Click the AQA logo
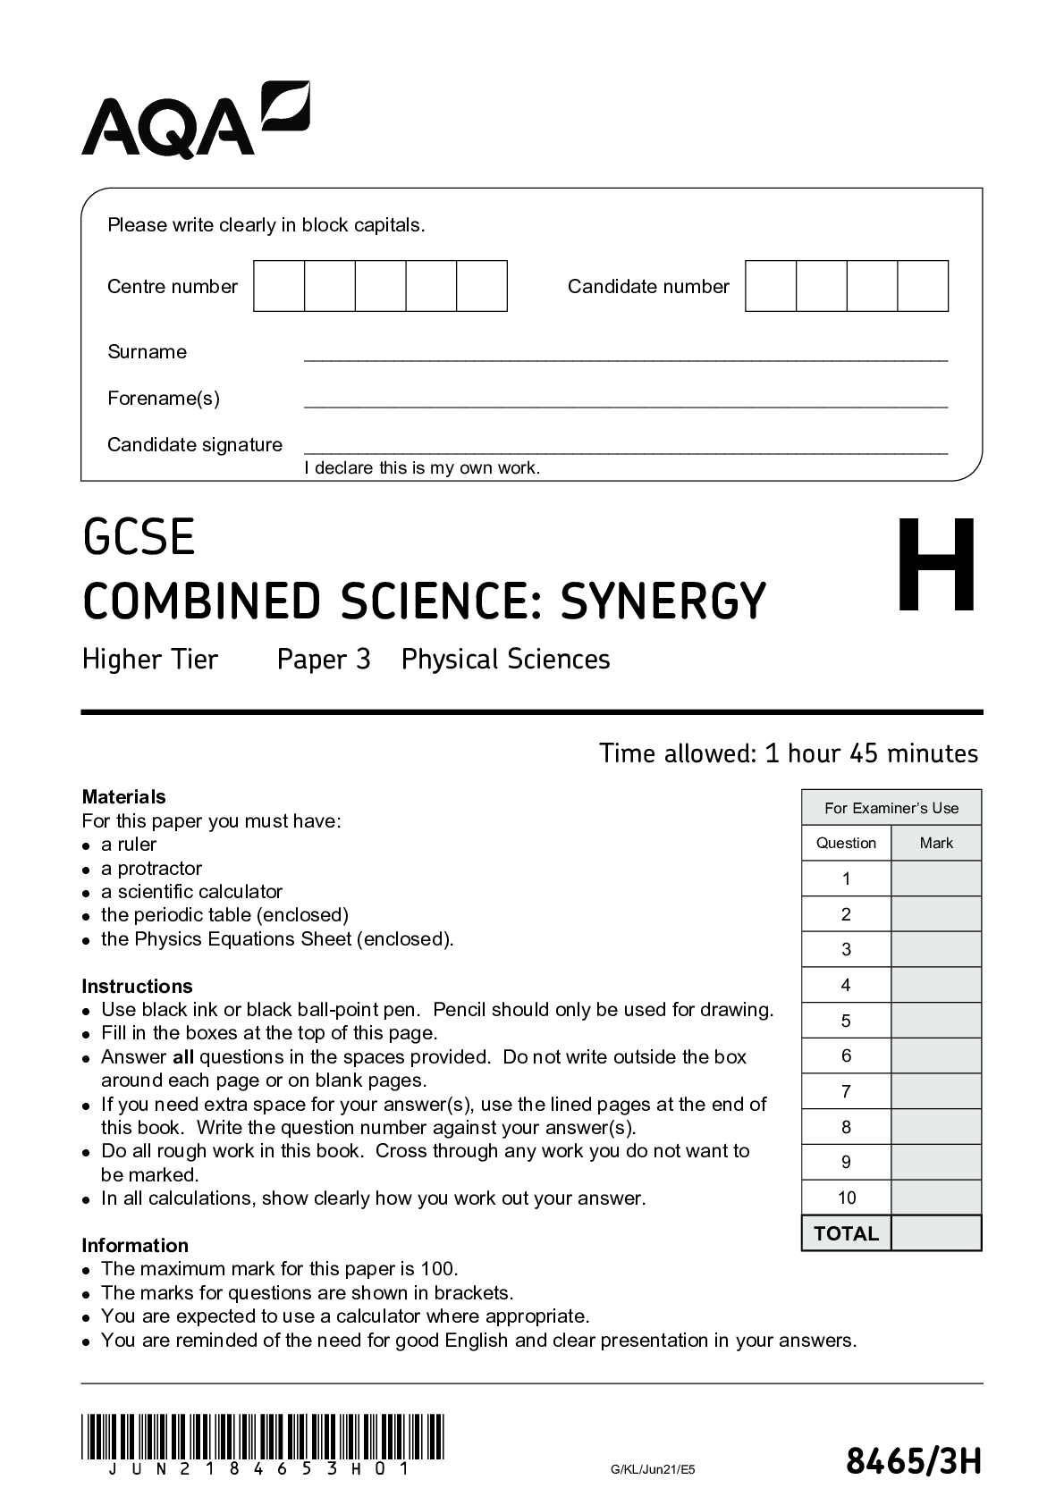pyautogui.click(x=195, y=120)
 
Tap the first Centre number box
pyautogui.click(x=279, y=286)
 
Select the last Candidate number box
pyautogui.click(x=923, y=286)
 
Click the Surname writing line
pyautogui.click(x=625, y=355)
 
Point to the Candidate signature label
pyautogui.click(x=195, y=444)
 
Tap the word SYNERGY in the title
pyautogui.click(x=663, y=601)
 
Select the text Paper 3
pyautogui.click(x=324, y=660)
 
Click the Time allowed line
pyautogui.click(x=789, y=753)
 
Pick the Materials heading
pyautogui.click(x=123, y=796)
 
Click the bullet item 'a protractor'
pyautogui.click(x=151, y=868)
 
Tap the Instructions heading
pyautogui.click(x=137, y=986)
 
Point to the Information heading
pyautogui.click(x=135, y=1245)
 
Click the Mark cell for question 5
pyautogui.click(x=936, y=1021)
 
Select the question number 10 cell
pyautogui.click(x=846, y=1198)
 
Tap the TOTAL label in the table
pyautogui.click(x=846, y=1233)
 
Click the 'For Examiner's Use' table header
pyautogui.click(x=891, y=808)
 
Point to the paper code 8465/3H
pyautogui.click(x=913, y=1463)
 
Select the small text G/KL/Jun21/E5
pyautogui.click(x=652, y=1469)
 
